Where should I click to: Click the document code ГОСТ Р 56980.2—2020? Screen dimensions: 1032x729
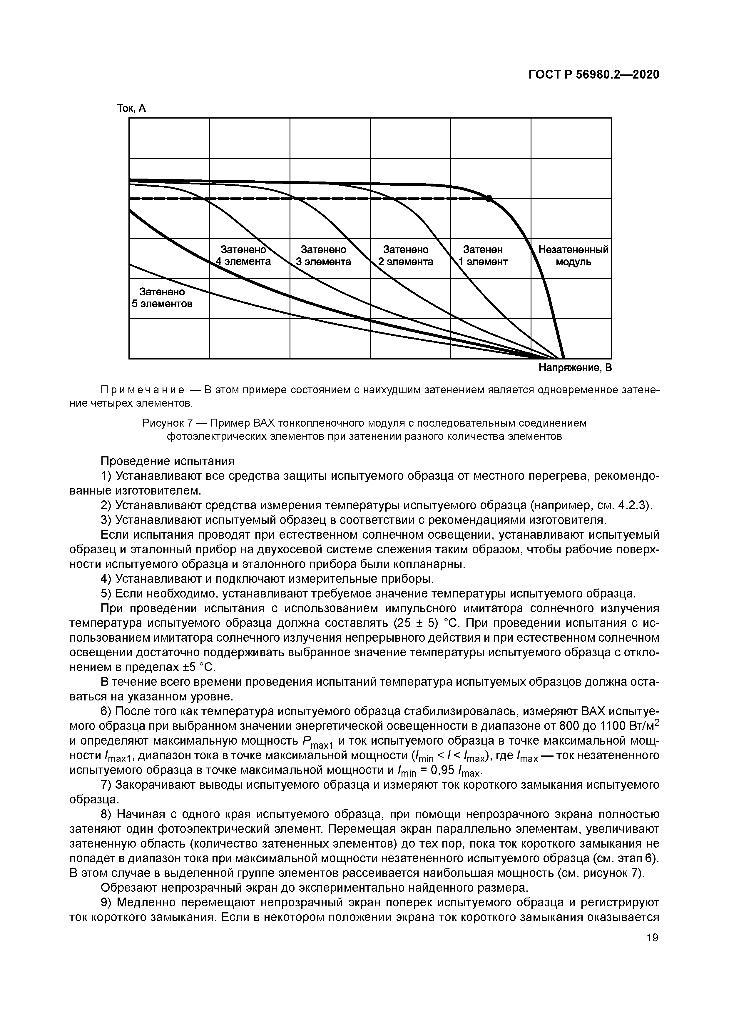593,74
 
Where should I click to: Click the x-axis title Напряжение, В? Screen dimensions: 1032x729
575,368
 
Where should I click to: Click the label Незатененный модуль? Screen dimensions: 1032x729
573,255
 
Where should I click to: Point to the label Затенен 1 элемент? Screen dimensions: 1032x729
483,255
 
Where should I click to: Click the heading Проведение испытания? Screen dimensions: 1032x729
168,461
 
